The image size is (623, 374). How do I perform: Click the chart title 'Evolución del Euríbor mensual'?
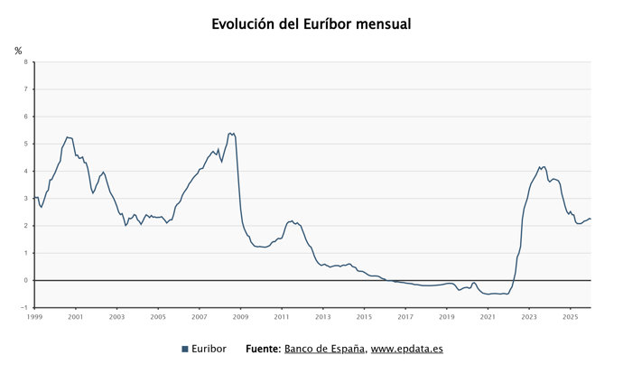311,24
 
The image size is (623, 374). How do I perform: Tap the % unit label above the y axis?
18,51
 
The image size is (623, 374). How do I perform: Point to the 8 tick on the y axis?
25,62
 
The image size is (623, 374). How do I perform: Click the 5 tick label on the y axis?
25,144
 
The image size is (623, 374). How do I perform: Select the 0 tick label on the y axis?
25,280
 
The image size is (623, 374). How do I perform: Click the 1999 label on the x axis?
34,317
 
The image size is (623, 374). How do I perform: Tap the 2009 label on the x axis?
240,317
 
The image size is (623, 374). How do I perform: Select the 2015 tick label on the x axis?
364,317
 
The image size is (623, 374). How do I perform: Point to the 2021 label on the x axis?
488,317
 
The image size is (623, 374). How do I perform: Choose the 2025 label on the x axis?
570,317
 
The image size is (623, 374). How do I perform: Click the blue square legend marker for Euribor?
185,349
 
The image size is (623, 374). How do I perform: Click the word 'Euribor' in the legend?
209,349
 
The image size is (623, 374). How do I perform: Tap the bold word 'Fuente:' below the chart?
263,349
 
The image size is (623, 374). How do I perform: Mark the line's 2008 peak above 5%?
231,133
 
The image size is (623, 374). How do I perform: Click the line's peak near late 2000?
67,137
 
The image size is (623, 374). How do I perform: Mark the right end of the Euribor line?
590,218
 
